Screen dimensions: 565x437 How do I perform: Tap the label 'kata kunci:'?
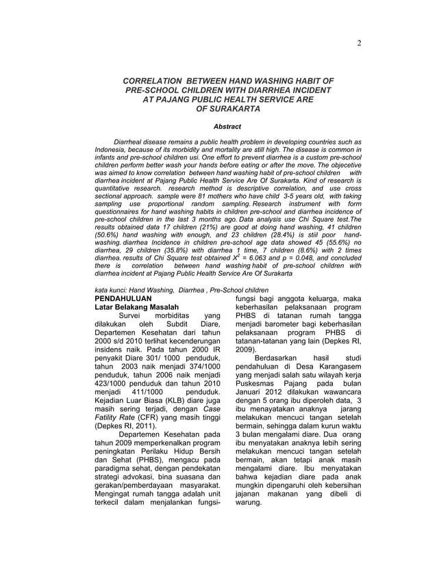click(x=111, y=290)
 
